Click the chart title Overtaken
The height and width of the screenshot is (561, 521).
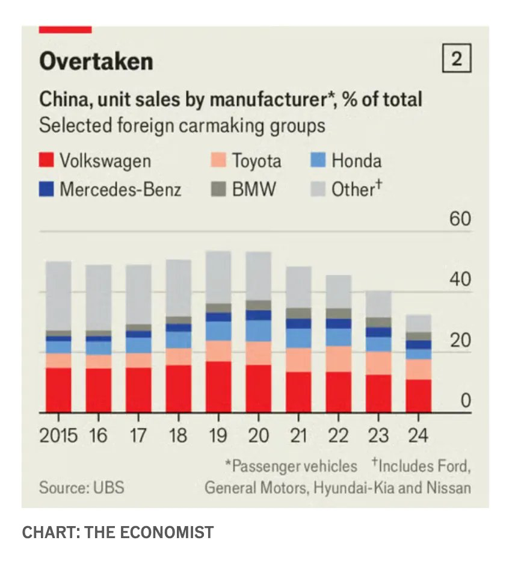[96, 62]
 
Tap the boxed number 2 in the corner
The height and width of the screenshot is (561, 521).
[457, 60]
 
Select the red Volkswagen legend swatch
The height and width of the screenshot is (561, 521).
[47, 161]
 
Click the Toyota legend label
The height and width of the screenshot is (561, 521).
[256, 161]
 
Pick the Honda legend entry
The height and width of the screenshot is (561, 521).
[356, 161]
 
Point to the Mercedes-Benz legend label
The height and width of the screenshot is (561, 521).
[120, 190]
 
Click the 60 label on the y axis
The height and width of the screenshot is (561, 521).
[460, 219]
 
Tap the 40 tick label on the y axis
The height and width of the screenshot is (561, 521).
[460, 280]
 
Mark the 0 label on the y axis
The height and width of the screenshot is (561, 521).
[465, 400]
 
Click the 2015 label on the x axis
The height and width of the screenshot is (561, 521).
[58, 435]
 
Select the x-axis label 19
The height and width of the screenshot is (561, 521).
[218, 435]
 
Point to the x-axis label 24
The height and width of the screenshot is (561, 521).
[418, 435]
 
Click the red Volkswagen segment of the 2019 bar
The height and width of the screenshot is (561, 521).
[218, 387]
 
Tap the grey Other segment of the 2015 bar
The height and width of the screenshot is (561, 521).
[58, 295]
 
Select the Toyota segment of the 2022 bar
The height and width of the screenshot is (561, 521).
[338, 359]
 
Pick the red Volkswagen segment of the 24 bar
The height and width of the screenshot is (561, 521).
[418, 396]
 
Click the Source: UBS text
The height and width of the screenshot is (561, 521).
[82, 487]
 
